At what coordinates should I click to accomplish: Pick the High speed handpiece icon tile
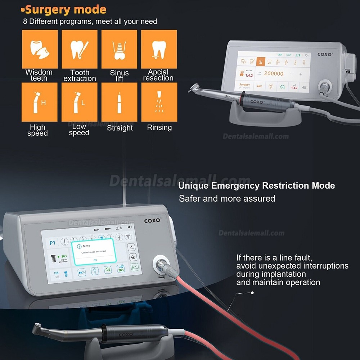point(40,102)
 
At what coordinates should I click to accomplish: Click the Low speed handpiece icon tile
point(80,102)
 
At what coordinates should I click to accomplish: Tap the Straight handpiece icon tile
point(119,102)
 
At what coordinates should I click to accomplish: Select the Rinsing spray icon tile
point(159,102)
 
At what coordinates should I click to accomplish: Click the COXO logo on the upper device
point(325,55)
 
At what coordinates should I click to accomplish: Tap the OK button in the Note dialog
point(95,260)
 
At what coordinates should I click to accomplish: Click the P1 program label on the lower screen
point(52,243)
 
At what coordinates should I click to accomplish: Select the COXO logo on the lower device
point(152,220)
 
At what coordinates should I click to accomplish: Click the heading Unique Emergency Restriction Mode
point(256,186)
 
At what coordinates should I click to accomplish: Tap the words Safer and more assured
point(227,198)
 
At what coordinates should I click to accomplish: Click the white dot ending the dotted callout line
point(252,293)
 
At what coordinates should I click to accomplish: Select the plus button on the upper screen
point(301,74)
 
